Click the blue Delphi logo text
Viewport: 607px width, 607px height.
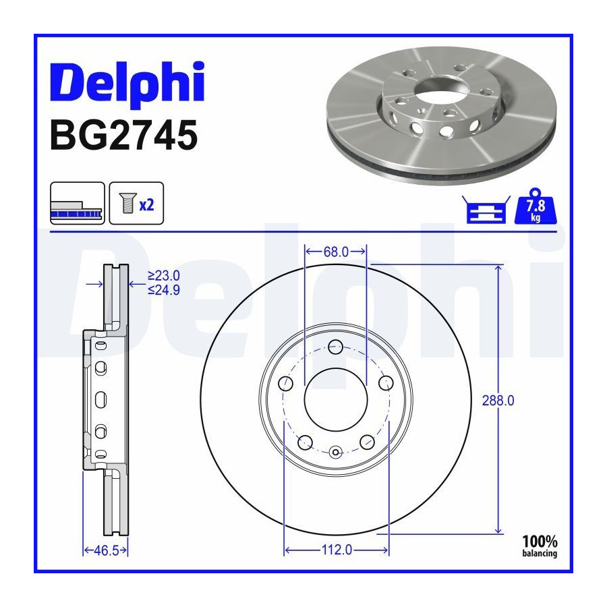click(127, 82)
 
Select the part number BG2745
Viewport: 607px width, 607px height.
click(124, 135)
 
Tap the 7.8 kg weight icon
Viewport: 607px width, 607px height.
click(536, 206)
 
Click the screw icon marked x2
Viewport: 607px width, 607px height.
click(136, 203)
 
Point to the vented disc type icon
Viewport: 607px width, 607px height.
click(78, 203)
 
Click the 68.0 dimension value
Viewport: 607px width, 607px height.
click(336, 252)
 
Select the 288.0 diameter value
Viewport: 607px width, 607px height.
click(498, 400)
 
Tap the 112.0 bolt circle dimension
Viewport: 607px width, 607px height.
click(337, 550)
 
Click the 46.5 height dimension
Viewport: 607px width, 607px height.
click(106, 550)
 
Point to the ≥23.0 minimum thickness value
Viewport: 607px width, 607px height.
click(164, 276)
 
